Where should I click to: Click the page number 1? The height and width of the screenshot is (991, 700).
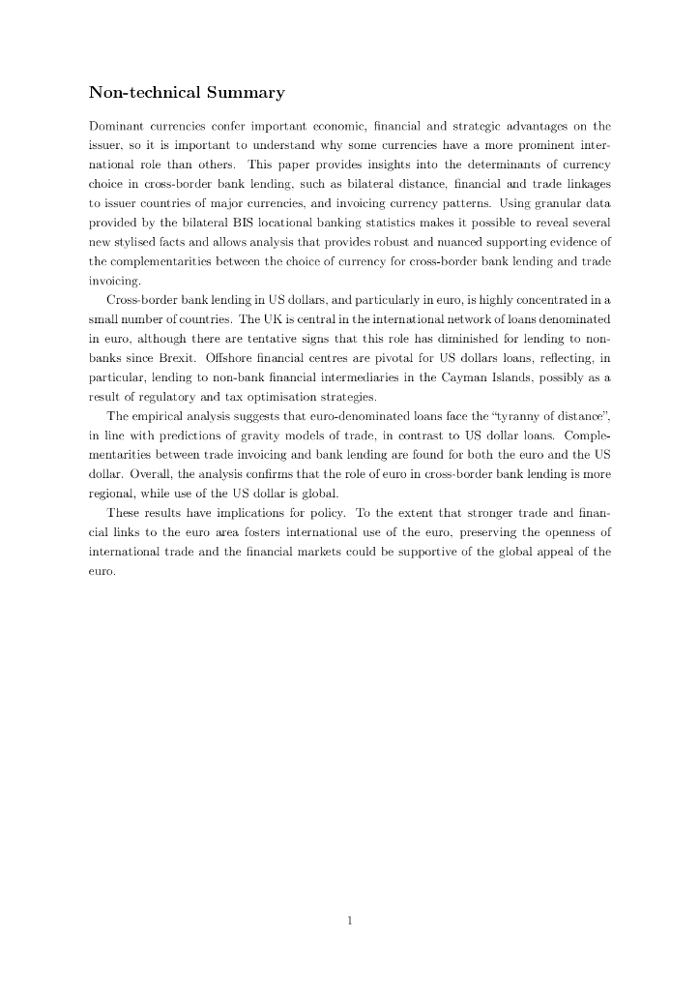point(350,920)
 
